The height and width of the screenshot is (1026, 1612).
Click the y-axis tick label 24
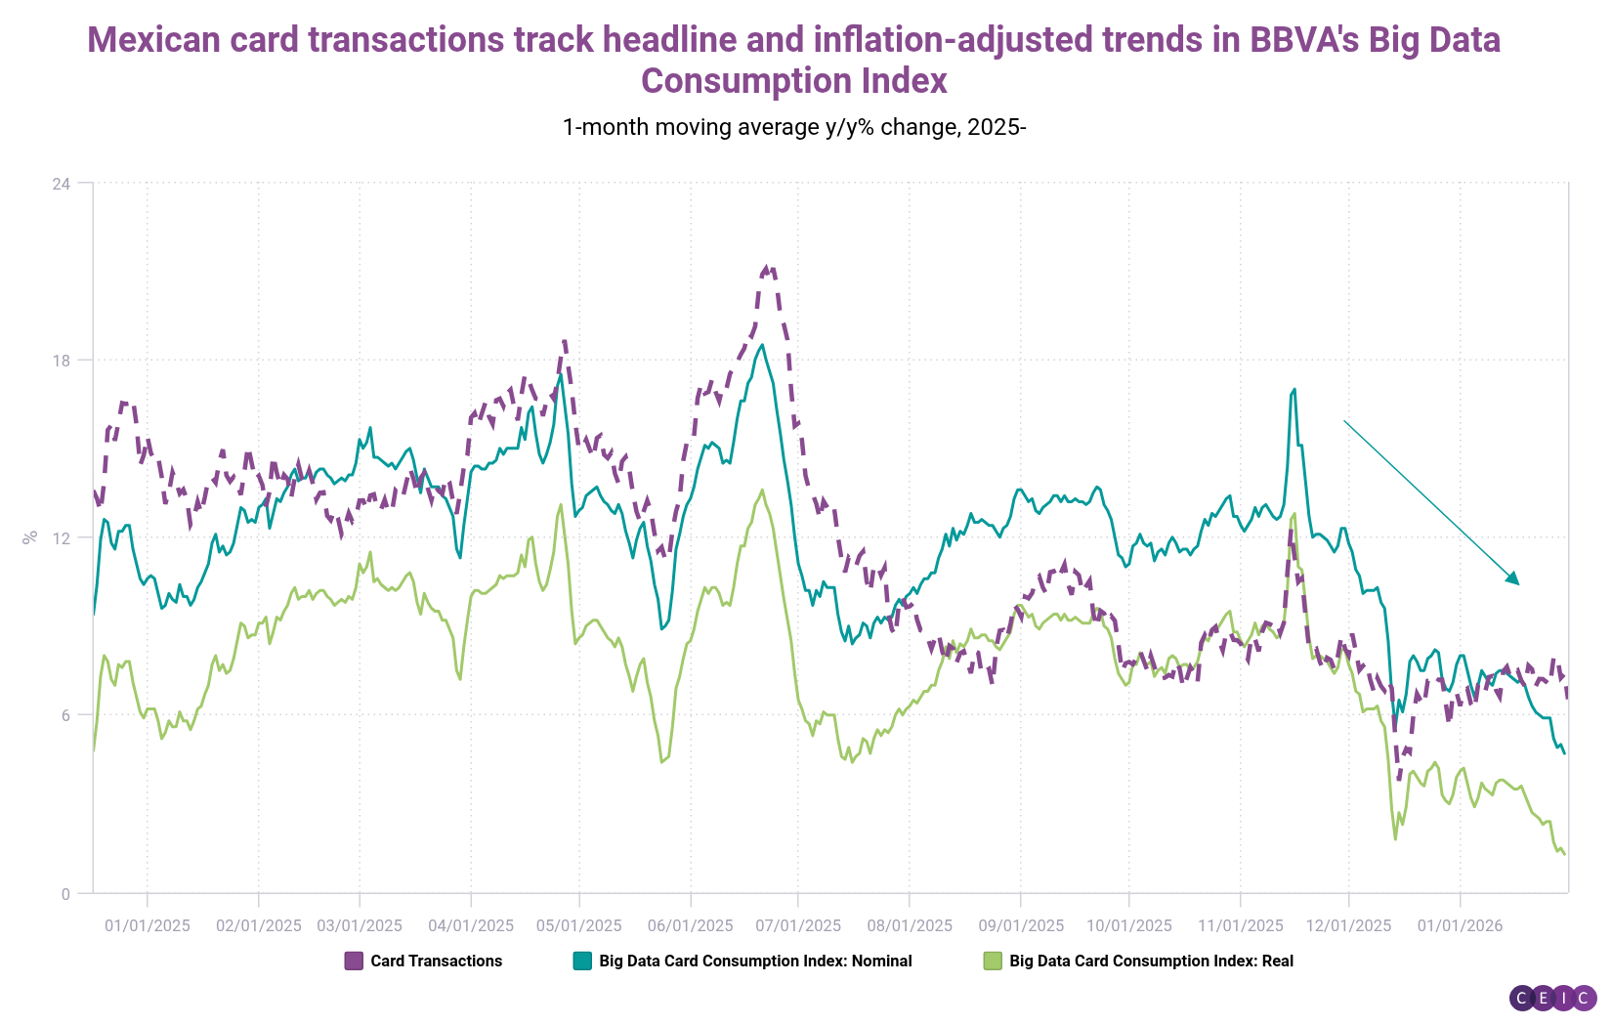pyautogui.click(x=61, y=183)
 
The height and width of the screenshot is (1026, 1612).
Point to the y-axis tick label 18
pyautogui.click(x=61, y=360)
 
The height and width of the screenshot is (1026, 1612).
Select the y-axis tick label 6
pyautogui.click(x=64, y=715)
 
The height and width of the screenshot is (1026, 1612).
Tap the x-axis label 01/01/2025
pyautogui.click(x=148, y=925)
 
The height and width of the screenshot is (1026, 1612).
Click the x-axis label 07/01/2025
pyautogui.click(x=798, y=925)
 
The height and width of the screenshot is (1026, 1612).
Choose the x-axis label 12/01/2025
pyautogui.click(x=1349, y=925)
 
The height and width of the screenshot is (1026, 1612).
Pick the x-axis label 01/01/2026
pyautogui.click(x=1460, y=925)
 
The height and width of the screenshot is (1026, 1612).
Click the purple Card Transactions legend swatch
pyautogui.click(x=354, y=962)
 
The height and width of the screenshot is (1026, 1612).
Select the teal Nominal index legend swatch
pyautogui.click(x=582, y=962)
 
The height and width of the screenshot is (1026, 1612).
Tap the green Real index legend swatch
pyautogui.click(x=993, y=962)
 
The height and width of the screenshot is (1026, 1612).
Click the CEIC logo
pyautogui.click(x=1552, y=998)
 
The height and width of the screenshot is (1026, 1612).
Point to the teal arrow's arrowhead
pyautogui.click(x=1515, y=581)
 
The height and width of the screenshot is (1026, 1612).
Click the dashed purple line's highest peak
pyautogui.click(x=768, y=267)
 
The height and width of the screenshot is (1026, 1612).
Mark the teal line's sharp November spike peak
pyautogui.click(x=1294, y=389)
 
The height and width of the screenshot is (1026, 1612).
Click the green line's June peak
pyautogui.click(x=762, y=491)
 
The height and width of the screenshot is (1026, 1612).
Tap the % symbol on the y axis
pyautogui.click(x=30, y=536)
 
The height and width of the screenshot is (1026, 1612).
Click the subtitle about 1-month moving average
pyautogui.click(x=793, y=127)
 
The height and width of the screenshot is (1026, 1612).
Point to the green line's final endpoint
pyautogui.click(x=1565, y=855)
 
